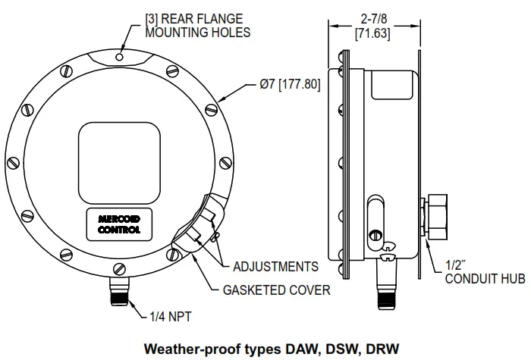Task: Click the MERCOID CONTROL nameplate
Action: click(x=119, y=223)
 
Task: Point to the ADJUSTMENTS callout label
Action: click(x=275, y=267)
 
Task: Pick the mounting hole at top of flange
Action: click(x=119, y=55)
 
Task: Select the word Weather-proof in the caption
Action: click(x=192, y=349)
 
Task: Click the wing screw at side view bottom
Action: click(x=388, y=250)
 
